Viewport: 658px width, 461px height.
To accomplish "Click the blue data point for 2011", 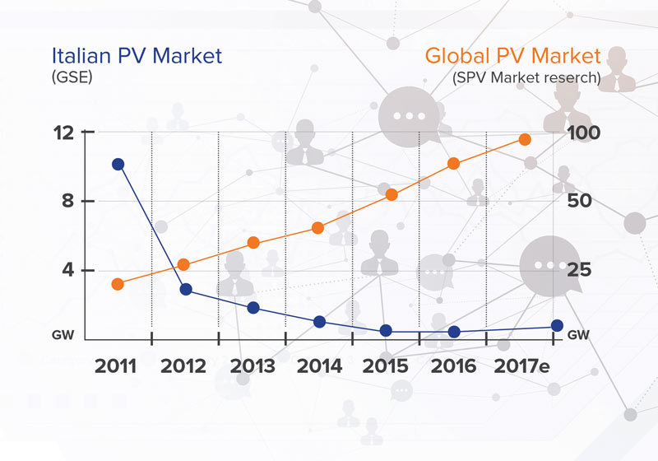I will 118,165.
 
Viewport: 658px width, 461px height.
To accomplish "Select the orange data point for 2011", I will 118,284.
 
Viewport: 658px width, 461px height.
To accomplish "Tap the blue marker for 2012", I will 186,289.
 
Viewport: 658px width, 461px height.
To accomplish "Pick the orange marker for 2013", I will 253,243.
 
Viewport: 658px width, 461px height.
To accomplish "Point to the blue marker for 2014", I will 320,321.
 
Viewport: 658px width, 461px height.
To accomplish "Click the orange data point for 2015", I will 392,195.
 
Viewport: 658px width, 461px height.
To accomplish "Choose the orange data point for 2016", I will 453,164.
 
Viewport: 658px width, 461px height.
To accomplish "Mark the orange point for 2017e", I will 525,140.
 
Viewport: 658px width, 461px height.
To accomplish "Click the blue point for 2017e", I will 557,325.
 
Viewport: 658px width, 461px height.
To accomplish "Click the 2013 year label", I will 252,366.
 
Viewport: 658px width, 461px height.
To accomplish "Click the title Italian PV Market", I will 137,57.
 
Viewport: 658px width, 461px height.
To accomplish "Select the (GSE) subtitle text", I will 72,77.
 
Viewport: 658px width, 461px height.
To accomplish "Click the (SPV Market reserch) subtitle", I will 526,77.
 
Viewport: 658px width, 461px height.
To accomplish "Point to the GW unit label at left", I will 64,336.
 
